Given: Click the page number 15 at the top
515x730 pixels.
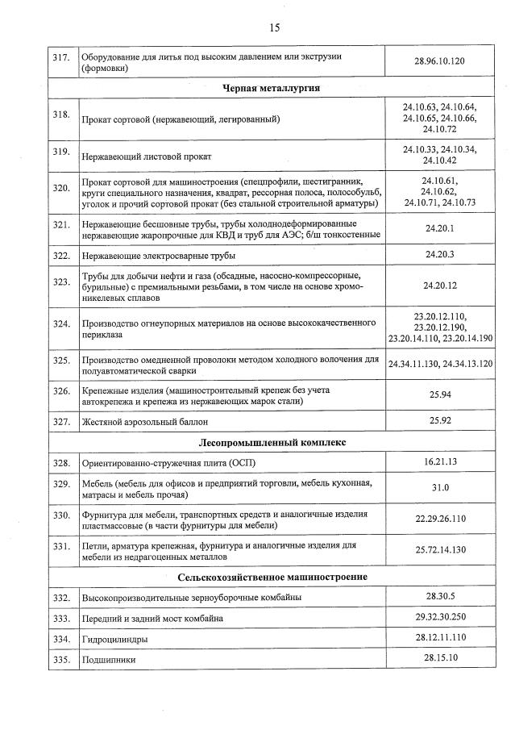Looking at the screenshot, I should pyautogui.click(x=274, y=27).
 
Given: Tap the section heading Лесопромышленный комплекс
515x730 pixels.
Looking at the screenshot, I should pyautogui.click(x=273, y=442).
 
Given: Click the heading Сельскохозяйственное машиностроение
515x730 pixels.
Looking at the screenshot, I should pyautogui.click(x=273, y=577).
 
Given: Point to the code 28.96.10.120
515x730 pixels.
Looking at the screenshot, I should pyautogui.click(x=439, y=61).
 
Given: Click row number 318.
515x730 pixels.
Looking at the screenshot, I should pyautogui.click(x=61, y=115).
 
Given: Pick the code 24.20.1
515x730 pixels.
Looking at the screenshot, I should pyautogui.click(x=439, y=228).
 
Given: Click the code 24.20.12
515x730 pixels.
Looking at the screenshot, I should pyautogui.click(x=440, y=286).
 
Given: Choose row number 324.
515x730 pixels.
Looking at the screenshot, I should pyautogui.click(x=61, y=323).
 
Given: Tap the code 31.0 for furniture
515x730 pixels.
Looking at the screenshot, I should pyautogui.click(x=440, y=488).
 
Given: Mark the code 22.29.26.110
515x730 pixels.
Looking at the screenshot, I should pyautogui.click(x=440, y=519).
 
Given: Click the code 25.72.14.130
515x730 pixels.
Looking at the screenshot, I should pyautogui.click(x=440, y=550).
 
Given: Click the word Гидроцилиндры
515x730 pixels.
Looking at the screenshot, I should pyautogui.click(x=114, y=639).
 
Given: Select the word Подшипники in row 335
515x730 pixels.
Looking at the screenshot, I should pyautogui.click(x=109, y=660).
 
